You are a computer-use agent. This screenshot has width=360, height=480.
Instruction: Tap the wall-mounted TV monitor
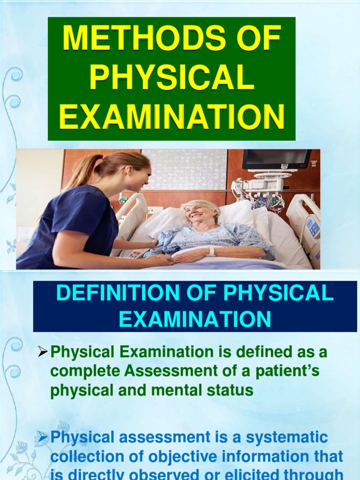(x=277, y=159)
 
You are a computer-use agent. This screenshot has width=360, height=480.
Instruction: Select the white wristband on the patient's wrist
(x=211, y=251)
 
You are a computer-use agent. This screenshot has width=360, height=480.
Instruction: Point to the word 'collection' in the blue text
(x=87, y=456)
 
